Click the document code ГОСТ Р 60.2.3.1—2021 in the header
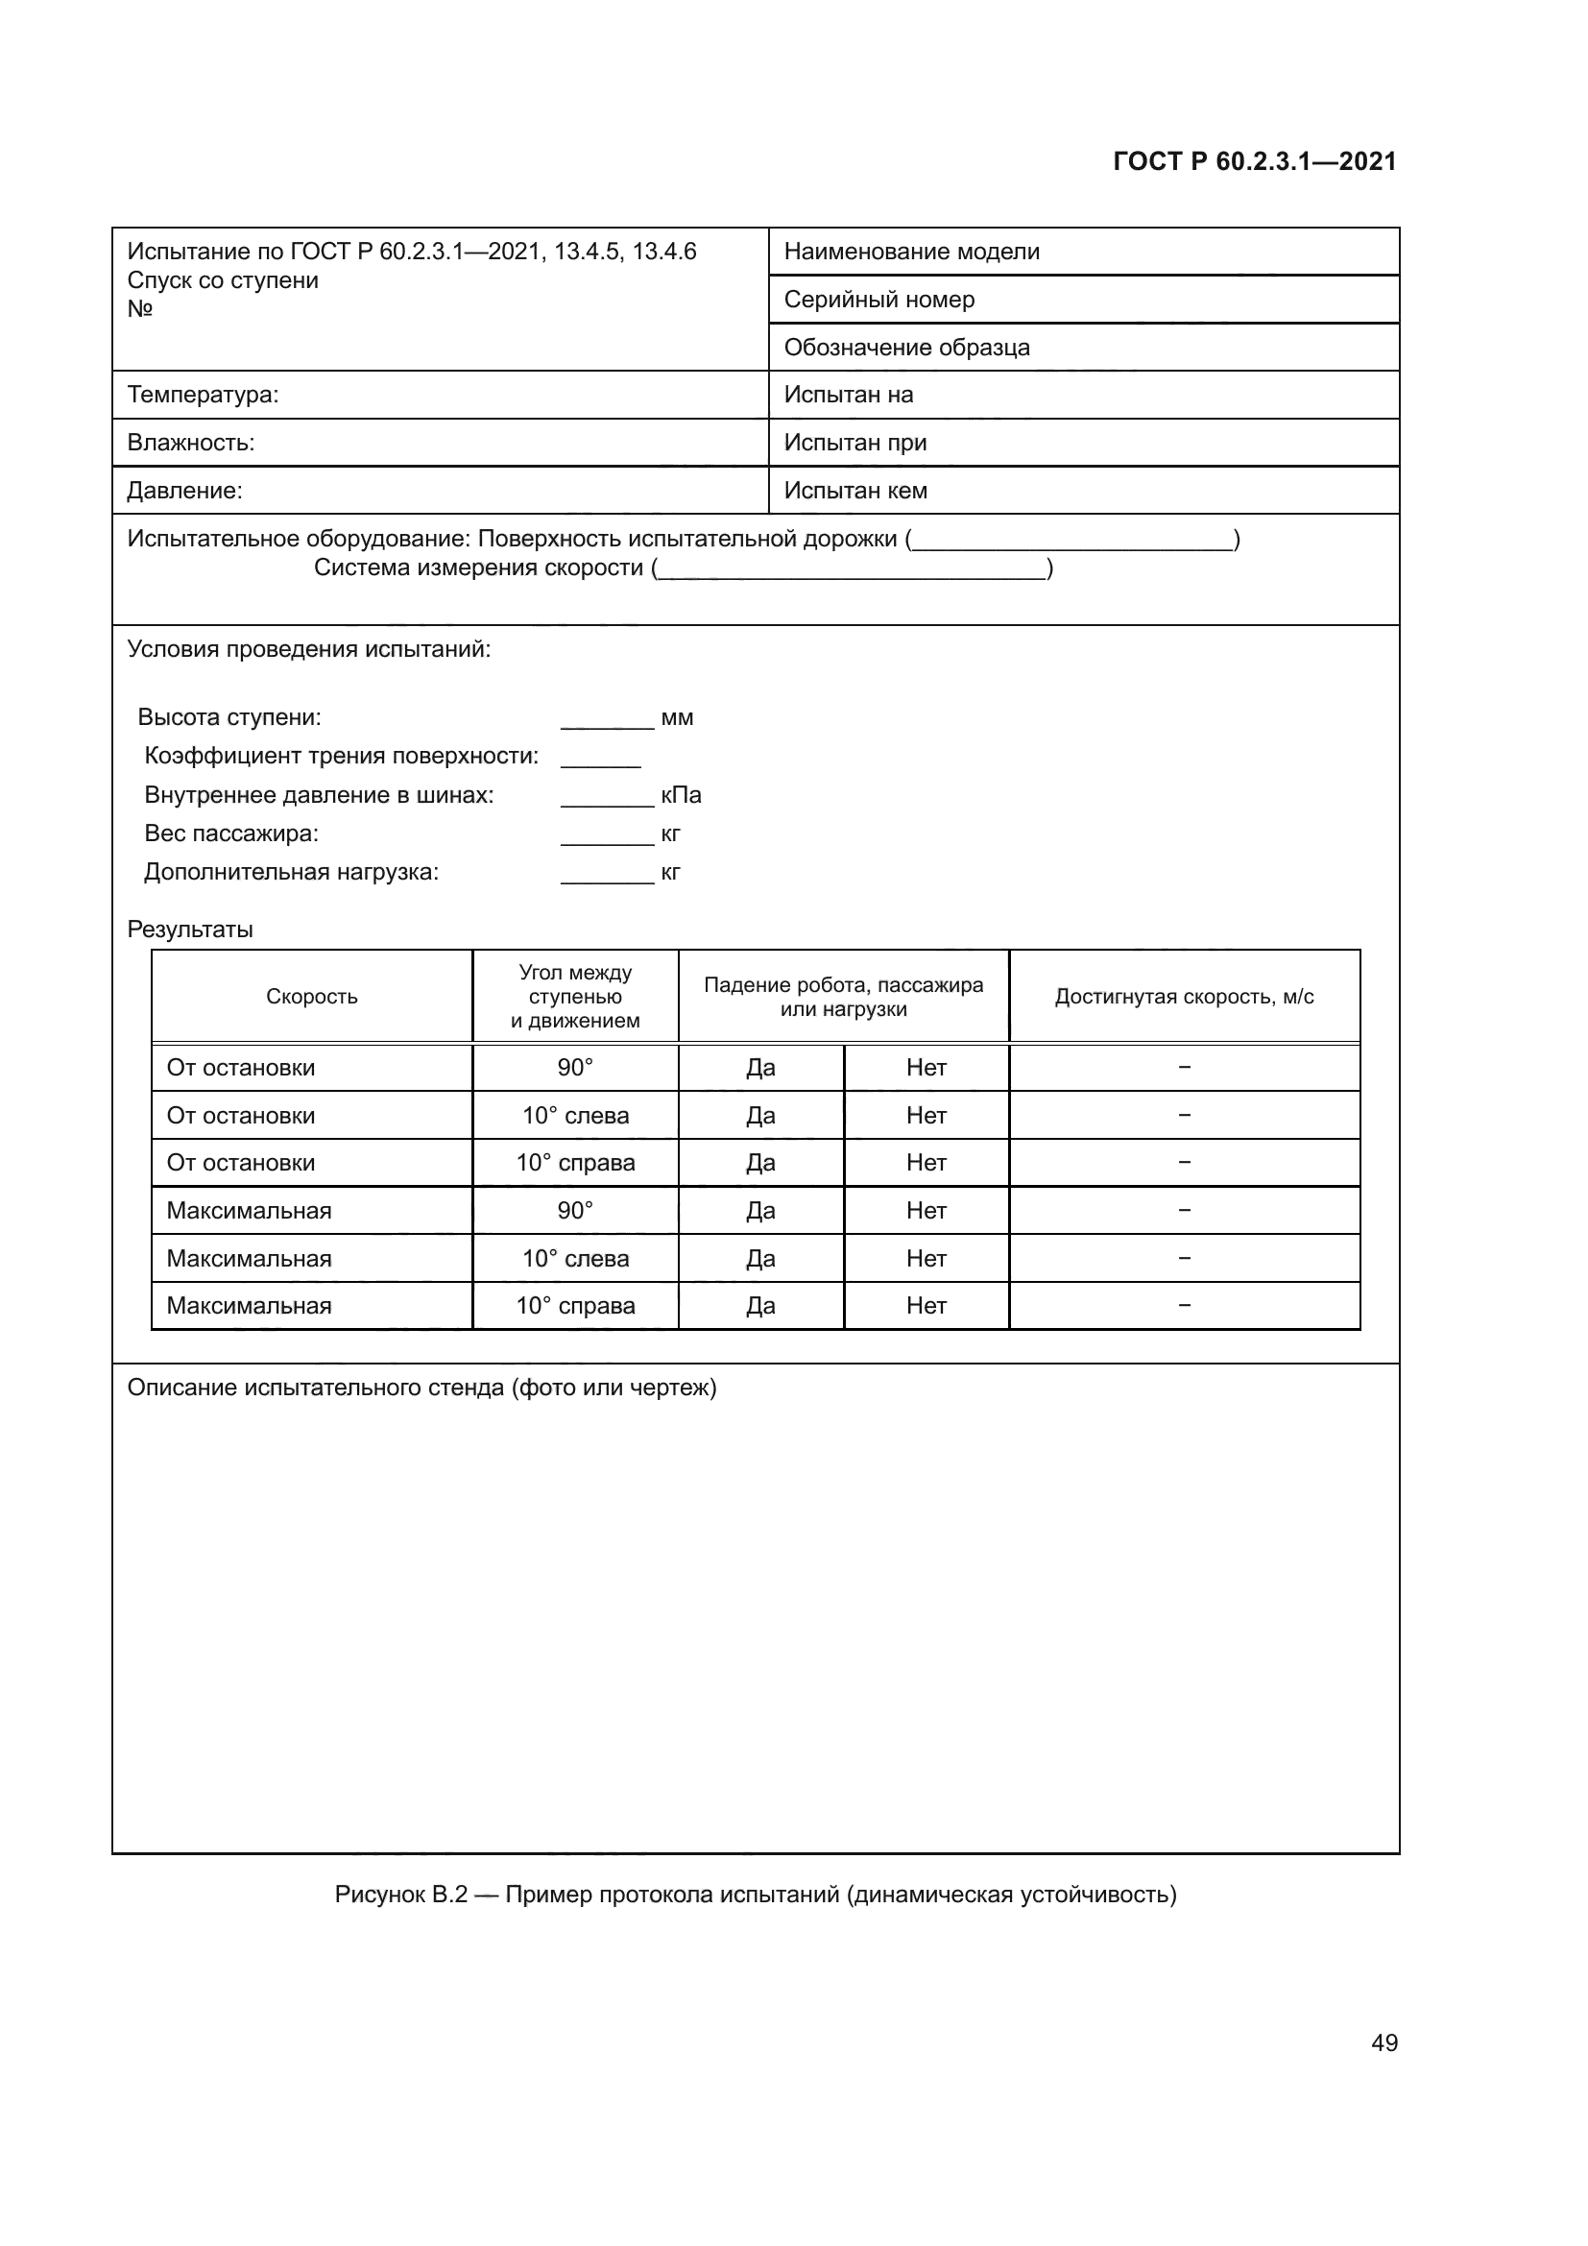[x=1255, y=161]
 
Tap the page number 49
[x=1383, y=2042]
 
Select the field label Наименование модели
[x=911, y=252]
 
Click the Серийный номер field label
[x=879, y=300]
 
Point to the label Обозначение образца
[x=906, y=348]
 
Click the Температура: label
[x=203, y=396]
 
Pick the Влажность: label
[x=191, y=443]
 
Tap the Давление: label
[x=184, y=491]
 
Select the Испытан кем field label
[x=855, y=491]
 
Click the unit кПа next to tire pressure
[x=681, y=795]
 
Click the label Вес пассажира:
[x=230, y=834]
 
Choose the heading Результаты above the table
[x=190, y=930]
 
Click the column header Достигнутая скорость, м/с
[x=1183, y=997]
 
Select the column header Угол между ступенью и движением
[x=575, y=997]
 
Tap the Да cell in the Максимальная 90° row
[x=759, y=1211]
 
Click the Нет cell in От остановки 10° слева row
[x=926, y=1116]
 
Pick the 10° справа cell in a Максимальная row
[x=575, y=1306]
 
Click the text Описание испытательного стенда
[x=421, y=1388]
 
